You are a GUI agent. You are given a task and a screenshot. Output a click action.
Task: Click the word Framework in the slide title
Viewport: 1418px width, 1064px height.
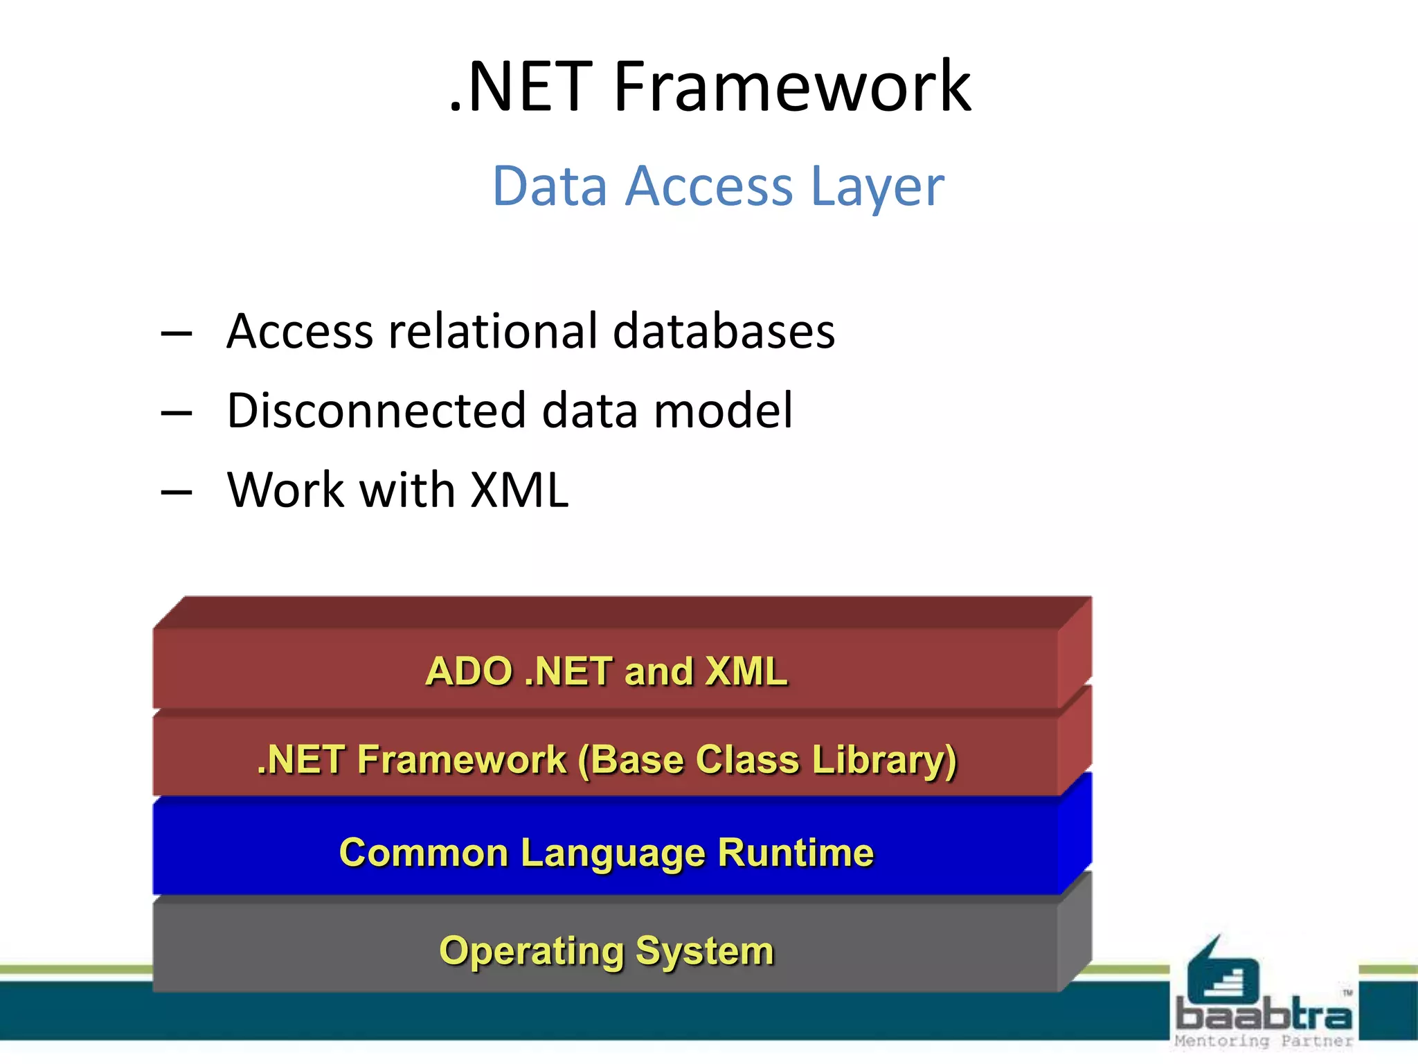(x=792, y=87)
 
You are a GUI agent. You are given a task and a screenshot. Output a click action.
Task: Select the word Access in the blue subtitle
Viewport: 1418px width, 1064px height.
(x=708, y=186)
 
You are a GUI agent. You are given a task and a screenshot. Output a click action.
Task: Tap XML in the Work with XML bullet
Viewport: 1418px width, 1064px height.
(x=519, y=490)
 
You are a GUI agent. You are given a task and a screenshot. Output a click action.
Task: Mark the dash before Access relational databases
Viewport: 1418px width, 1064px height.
(x=176, y=334)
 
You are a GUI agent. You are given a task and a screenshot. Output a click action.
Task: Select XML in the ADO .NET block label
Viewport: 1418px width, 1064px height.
(x=746, y=671)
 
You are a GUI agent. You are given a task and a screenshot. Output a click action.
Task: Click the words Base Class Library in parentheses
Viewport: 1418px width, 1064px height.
(x=767, y=760)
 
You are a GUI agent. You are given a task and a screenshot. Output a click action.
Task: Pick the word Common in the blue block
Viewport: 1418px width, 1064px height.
(x=423, y=852)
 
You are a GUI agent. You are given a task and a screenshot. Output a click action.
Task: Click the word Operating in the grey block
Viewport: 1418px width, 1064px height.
(x=530, y=951)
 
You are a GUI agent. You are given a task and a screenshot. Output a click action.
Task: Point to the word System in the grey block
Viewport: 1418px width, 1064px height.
(x=704, y=951)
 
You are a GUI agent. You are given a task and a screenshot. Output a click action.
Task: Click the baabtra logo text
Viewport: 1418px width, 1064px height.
(x=1264, y=1016)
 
